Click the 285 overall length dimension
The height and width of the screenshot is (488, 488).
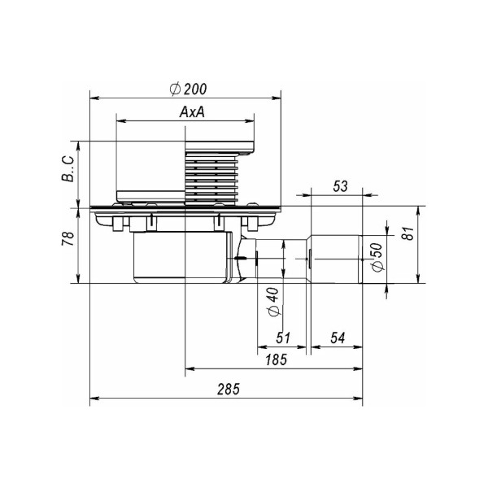pos(229,389)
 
